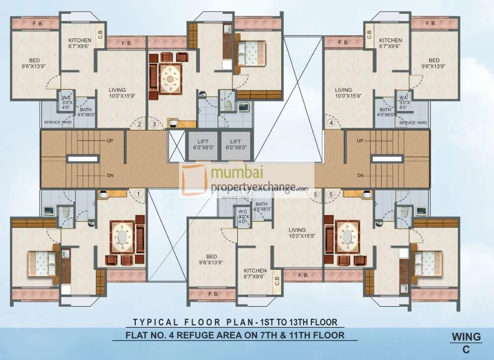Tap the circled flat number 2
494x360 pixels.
point(140,124)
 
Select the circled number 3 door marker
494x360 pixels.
point(155,124)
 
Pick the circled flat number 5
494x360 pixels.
point(331,195)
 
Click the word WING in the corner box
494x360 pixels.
point(466,337)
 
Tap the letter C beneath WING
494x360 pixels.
point(466,350)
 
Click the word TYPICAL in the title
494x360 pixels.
point(155,321)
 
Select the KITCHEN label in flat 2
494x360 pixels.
point(80,40)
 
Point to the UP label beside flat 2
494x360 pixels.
point(109,141)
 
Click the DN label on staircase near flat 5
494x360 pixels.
point(360,176)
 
